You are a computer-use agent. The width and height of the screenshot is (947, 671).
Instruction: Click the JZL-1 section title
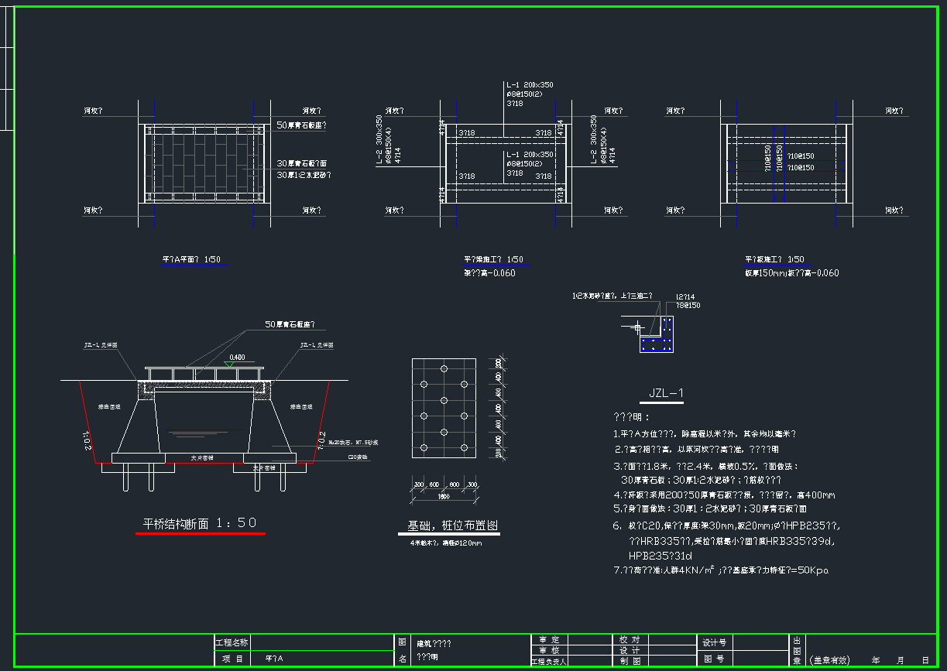pos(666,394)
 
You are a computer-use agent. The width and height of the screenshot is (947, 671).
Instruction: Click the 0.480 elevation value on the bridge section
pos(237,357)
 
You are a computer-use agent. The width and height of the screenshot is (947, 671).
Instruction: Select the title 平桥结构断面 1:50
pos(200,523)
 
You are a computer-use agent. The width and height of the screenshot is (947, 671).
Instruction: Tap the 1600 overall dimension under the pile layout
pos(444,496)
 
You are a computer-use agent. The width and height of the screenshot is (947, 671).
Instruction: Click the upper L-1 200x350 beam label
pos(530,84)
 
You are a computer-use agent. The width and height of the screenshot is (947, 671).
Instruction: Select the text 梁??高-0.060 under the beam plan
pos(489,272)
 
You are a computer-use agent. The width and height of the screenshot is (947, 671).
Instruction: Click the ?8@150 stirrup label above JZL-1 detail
pos(688,306)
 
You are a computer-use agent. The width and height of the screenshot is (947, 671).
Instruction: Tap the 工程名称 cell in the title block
pos(232,642)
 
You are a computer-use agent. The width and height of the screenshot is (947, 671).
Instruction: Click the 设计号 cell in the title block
pos(714,642)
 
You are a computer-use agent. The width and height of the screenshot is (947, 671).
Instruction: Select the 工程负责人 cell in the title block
pos(549,662)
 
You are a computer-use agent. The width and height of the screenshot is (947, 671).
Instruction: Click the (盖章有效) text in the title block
pos(829,660)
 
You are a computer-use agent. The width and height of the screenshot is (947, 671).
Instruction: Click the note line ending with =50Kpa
pos(721,570)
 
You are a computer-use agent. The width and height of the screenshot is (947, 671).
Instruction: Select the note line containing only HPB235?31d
pos(660,555)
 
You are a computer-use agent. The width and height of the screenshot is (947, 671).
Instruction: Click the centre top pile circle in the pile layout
pos(444,368)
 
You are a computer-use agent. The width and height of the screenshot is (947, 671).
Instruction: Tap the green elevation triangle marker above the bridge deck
pos(226,363)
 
